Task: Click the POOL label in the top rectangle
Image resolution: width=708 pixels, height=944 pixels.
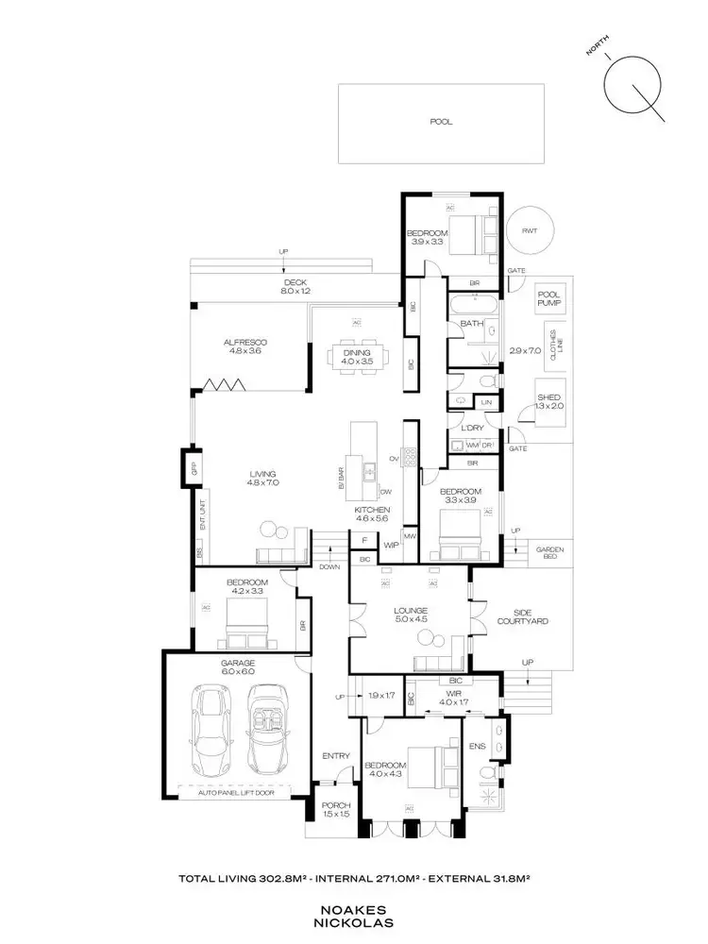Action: click(x=441, y=122)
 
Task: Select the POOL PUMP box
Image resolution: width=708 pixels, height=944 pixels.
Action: click(x=548, y=300)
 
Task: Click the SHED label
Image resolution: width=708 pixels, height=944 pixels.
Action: click(x=548, y=401)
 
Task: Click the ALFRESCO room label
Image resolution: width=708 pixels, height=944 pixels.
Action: click(x=242, y=346)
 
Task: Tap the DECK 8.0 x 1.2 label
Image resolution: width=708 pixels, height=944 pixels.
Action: click(x=295, y=287)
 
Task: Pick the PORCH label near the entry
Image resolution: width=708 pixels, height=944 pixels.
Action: click(x=335, y=809)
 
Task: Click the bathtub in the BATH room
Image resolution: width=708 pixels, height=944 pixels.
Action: click(x=472, y=305)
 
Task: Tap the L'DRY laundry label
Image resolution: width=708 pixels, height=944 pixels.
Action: click(x=472, y=428)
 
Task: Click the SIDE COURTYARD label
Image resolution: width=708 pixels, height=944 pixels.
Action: click(x=522, y=615)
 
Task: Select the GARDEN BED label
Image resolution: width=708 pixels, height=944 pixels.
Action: click(x=548, y=553)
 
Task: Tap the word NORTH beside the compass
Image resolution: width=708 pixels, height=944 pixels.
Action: click(x=597, y=46)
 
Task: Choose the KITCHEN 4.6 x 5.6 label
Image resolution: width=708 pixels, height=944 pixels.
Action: click(x=372, y=514)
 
